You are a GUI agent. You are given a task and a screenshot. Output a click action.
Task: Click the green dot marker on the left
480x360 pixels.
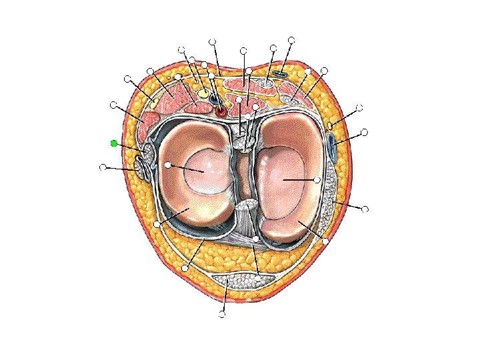pyautogui.click(x=114, y=143)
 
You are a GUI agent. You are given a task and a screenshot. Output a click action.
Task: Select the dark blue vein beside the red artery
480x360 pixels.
pyautogui.click(x=213, y=97)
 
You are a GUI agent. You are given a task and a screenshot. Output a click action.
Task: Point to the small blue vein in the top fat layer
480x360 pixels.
pyautogui.click(x=281, y=71)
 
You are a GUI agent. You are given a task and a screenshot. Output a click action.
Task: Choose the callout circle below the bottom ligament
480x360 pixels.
pyautogui.click(x=223, y=315)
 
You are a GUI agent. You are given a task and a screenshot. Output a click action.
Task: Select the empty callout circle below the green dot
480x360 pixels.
pyautogui.click(x=102, y=167)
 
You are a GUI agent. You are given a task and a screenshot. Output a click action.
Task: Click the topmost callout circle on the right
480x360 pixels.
pyautogui.click(x=291, y=40)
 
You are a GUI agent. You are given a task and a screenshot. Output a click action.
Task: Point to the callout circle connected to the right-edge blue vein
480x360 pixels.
pyautogui.click(x=364, y=132)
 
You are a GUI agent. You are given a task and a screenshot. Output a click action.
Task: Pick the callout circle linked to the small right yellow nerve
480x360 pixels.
pyautogui.click(x=360, y=107)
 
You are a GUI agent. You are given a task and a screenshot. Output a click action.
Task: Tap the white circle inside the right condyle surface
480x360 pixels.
pyautogui.click(x=317, y=180)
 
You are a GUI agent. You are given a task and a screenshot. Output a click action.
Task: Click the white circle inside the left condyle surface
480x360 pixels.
pyautogui.click(x=168, y=164)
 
